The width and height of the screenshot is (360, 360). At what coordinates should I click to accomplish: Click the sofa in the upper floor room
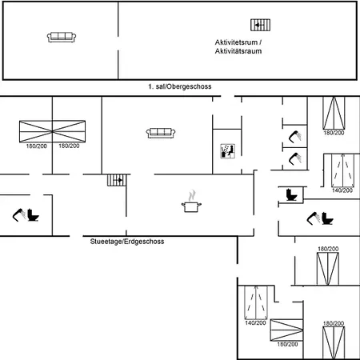62,37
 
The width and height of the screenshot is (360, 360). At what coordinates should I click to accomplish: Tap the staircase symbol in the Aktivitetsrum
260,25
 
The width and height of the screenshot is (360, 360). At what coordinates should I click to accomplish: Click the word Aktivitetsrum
236,42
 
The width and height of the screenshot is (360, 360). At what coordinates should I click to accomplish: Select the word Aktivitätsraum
238,51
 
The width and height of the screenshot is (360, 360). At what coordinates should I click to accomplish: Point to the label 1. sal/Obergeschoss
180,86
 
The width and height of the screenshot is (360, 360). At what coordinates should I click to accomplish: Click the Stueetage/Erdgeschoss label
127,242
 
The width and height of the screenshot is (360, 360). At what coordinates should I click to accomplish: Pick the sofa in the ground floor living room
161,133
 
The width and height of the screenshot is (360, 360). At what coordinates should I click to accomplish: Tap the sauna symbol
227,151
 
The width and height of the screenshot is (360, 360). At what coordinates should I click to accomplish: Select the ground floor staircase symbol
117,180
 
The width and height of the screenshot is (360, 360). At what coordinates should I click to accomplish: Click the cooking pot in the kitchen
191,207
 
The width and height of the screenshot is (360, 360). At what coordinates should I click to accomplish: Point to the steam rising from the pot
192,195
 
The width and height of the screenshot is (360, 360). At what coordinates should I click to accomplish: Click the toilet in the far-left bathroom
33,215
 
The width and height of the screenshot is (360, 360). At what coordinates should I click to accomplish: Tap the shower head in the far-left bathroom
19,215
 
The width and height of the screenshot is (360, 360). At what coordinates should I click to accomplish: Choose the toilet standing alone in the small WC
291,194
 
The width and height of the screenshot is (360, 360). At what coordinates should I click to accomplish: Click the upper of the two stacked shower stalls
295,137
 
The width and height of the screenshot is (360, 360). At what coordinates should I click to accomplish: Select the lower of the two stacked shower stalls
295,158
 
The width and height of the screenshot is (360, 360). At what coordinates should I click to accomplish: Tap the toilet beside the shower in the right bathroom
327,218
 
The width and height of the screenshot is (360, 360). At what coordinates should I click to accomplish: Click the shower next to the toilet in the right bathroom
314,218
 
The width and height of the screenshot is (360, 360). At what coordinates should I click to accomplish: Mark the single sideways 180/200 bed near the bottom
286,330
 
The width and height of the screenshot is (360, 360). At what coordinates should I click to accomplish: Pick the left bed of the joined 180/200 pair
36,131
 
